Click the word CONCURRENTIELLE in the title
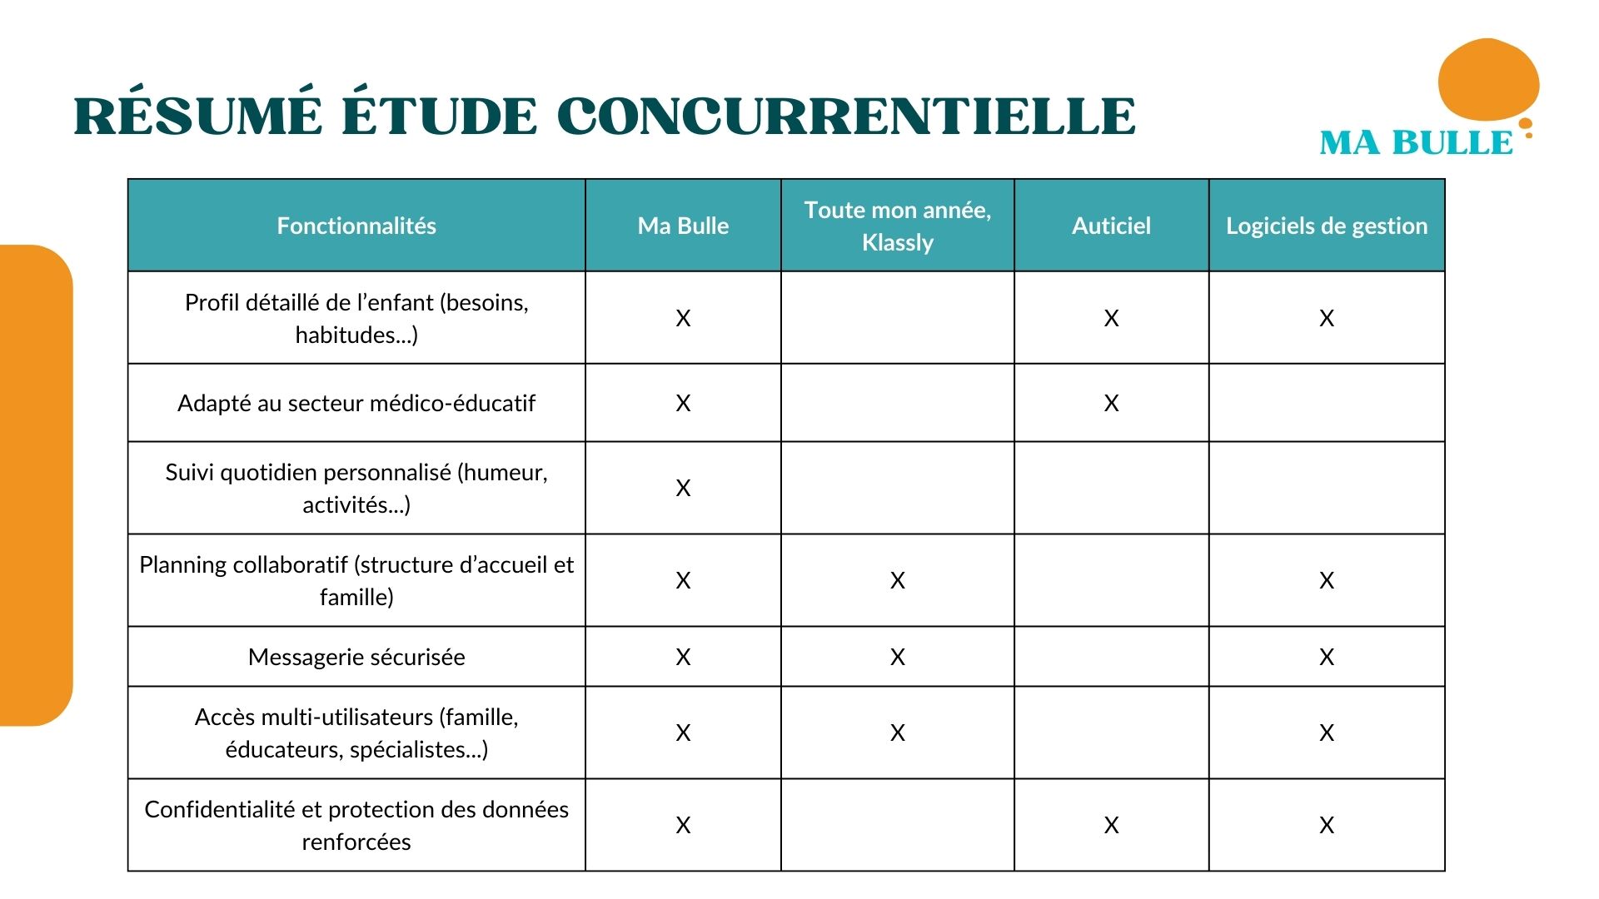tap(846, 117)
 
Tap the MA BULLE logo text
tap(1416, 143)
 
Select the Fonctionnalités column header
tap(356, 226)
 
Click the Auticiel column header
tap(1111, 226)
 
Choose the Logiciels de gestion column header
tap(1327, 226)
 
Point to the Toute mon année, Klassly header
tap(898, 226)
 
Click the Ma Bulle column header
tap(683, 226)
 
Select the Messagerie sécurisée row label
tap(356, 657)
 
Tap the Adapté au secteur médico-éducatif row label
tap(356, 403)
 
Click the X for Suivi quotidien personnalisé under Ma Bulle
tap(683, 488)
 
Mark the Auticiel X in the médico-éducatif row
tap(1111, 403)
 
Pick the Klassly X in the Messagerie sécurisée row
tap(898, 657)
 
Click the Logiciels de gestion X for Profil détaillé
tap(1327, 318)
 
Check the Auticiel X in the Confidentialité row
tap(1111, 825)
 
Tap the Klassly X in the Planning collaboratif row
tap(898, 580)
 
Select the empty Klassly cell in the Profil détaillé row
tap(898, 318)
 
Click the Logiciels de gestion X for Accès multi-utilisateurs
tap(1327, 733)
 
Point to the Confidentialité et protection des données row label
tap(356, 825)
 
